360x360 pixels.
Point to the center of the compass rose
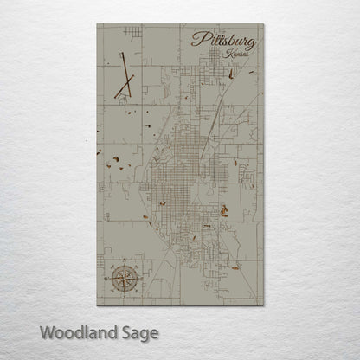[x=123, y=278]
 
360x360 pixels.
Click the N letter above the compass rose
[x=123, y=260]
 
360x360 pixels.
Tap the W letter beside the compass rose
[x=106, y=278]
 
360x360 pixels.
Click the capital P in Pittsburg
[x=198, y=39]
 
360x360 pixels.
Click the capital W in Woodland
[x=47, y=332]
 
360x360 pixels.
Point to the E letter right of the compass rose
[x=139, y=278]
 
